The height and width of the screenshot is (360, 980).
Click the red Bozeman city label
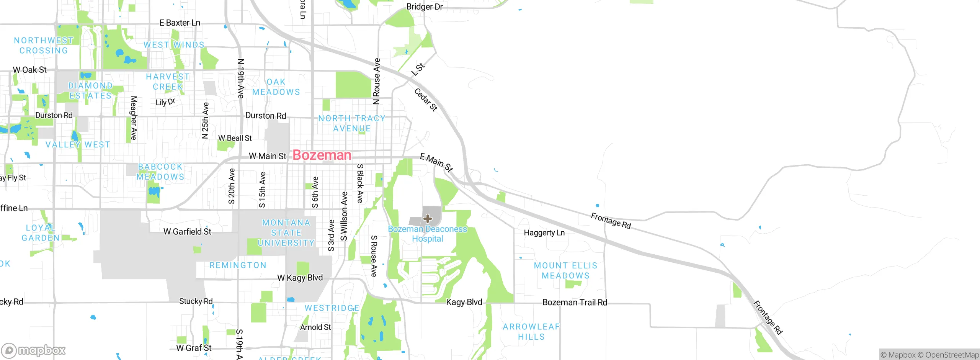click(322, 155)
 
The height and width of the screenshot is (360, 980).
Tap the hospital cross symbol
click(428, 219)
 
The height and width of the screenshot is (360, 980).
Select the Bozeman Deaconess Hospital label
click(428, 234)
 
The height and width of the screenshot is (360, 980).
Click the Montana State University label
click(286, 232)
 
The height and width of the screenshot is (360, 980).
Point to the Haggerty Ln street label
click(544, 232)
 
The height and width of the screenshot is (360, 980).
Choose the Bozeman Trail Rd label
click(575, 302)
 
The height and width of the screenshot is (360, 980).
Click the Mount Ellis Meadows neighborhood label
click(565, 270)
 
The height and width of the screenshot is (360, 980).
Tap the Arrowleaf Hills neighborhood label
click(531, 332)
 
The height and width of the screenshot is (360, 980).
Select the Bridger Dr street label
click(424, 7)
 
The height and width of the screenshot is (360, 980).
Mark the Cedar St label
click(426, 100)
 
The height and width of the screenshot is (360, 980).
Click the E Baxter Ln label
click(180, 23)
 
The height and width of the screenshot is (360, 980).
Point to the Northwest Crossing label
click(44, 45)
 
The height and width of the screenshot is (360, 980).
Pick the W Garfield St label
click(187, 231)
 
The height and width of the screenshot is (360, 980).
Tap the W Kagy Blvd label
click(300, 278)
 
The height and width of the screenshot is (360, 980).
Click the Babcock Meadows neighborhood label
click(160, 172)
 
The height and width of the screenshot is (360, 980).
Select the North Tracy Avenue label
click(352, 123)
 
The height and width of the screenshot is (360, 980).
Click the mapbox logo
click(34, 350)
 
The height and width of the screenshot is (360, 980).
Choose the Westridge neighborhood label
click(332, 308)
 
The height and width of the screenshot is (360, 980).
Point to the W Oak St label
click(29, 70)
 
